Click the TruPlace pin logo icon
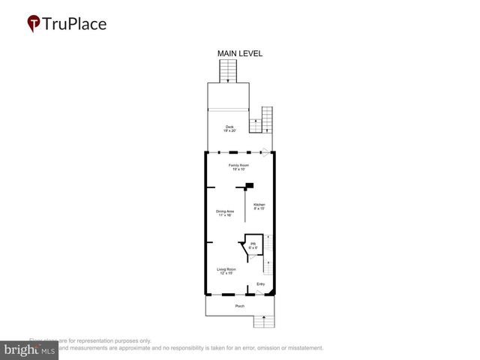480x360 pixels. click(x=34, y=24)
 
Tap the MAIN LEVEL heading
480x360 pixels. click(x=239, y=53)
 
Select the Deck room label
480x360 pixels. click(x=229, y=128)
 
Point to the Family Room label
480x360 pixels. click(x=238, y=166)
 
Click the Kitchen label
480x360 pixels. click(x=259, y=207)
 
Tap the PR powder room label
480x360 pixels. click(x=253, y=246)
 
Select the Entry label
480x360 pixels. click(x=260, y=283)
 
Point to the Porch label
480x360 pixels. click(x=240, y=306)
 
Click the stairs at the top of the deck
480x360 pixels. click(x=229, y=72)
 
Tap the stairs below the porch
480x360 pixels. click(x=262, y=322)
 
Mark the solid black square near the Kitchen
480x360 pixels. click(x=250, y=186)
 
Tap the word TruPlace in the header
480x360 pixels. click(x=75, y=24)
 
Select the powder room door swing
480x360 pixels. click(x=252, y=257)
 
